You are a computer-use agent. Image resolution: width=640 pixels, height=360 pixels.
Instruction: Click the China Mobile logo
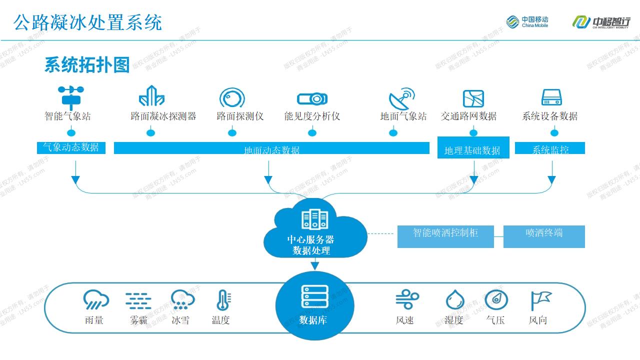[x=527, y=21]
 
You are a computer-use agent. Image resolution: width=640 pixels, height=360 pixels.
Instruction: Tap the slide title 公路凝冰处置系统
[x=87, y=22]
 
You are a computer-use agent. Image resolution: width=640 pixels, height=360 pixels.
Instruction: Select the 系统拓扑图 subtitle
[x=87, y=65]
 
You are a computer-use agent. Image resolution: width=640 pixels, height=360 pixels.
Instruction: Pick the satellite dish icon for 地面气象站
[x=401, y=98]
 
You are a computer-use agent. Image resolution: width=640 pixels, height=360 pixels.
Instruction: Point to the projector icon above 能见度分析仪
[x=312, y=98]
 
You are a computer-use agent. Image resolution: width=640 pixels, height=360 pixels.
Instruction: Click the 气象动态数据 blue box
[x=71, y=147]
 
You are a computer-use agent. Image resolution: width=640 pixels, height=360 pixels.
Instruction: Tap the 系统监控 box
[x=550, y=148]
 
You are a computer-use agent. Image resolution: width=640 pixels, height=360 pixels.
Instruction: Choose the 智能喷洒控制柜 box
[x=445, y=236]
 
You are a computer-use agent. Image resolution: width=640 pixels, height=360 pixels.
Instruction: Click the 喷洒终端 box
[x=544, y=236]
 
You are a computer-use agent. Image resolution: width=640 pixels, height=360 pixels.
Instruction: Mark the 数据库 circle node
[x=314, y=305]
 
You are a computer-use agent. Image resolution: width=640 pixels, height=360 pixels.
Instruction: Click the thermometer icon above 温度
[x=222, y=300]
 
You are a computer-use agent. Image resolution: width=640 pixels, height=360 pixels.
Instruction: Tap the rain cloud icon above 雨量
[x=95, y=300]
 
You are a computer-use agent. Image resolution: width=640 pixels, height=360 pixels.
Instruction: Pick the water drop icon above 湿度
[x=454, y=300]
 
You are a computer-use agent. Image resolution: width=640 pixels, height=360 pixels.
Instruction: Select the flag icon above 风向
[x=540, y=300]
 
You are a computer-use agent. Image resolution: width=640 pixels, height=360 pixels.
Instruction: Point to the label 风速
[x=404, y=320]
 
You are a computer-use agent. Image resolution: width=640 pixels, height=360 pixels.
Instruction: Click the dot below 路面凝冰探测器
[x=150, y=132]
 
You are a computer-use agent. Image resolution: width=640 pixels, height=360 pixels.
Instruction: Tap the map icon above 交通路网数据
[x=473, y=98]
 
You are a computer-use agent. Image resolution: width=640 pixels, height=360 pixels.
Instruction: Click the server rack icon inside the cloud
[x=314, y=219]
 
